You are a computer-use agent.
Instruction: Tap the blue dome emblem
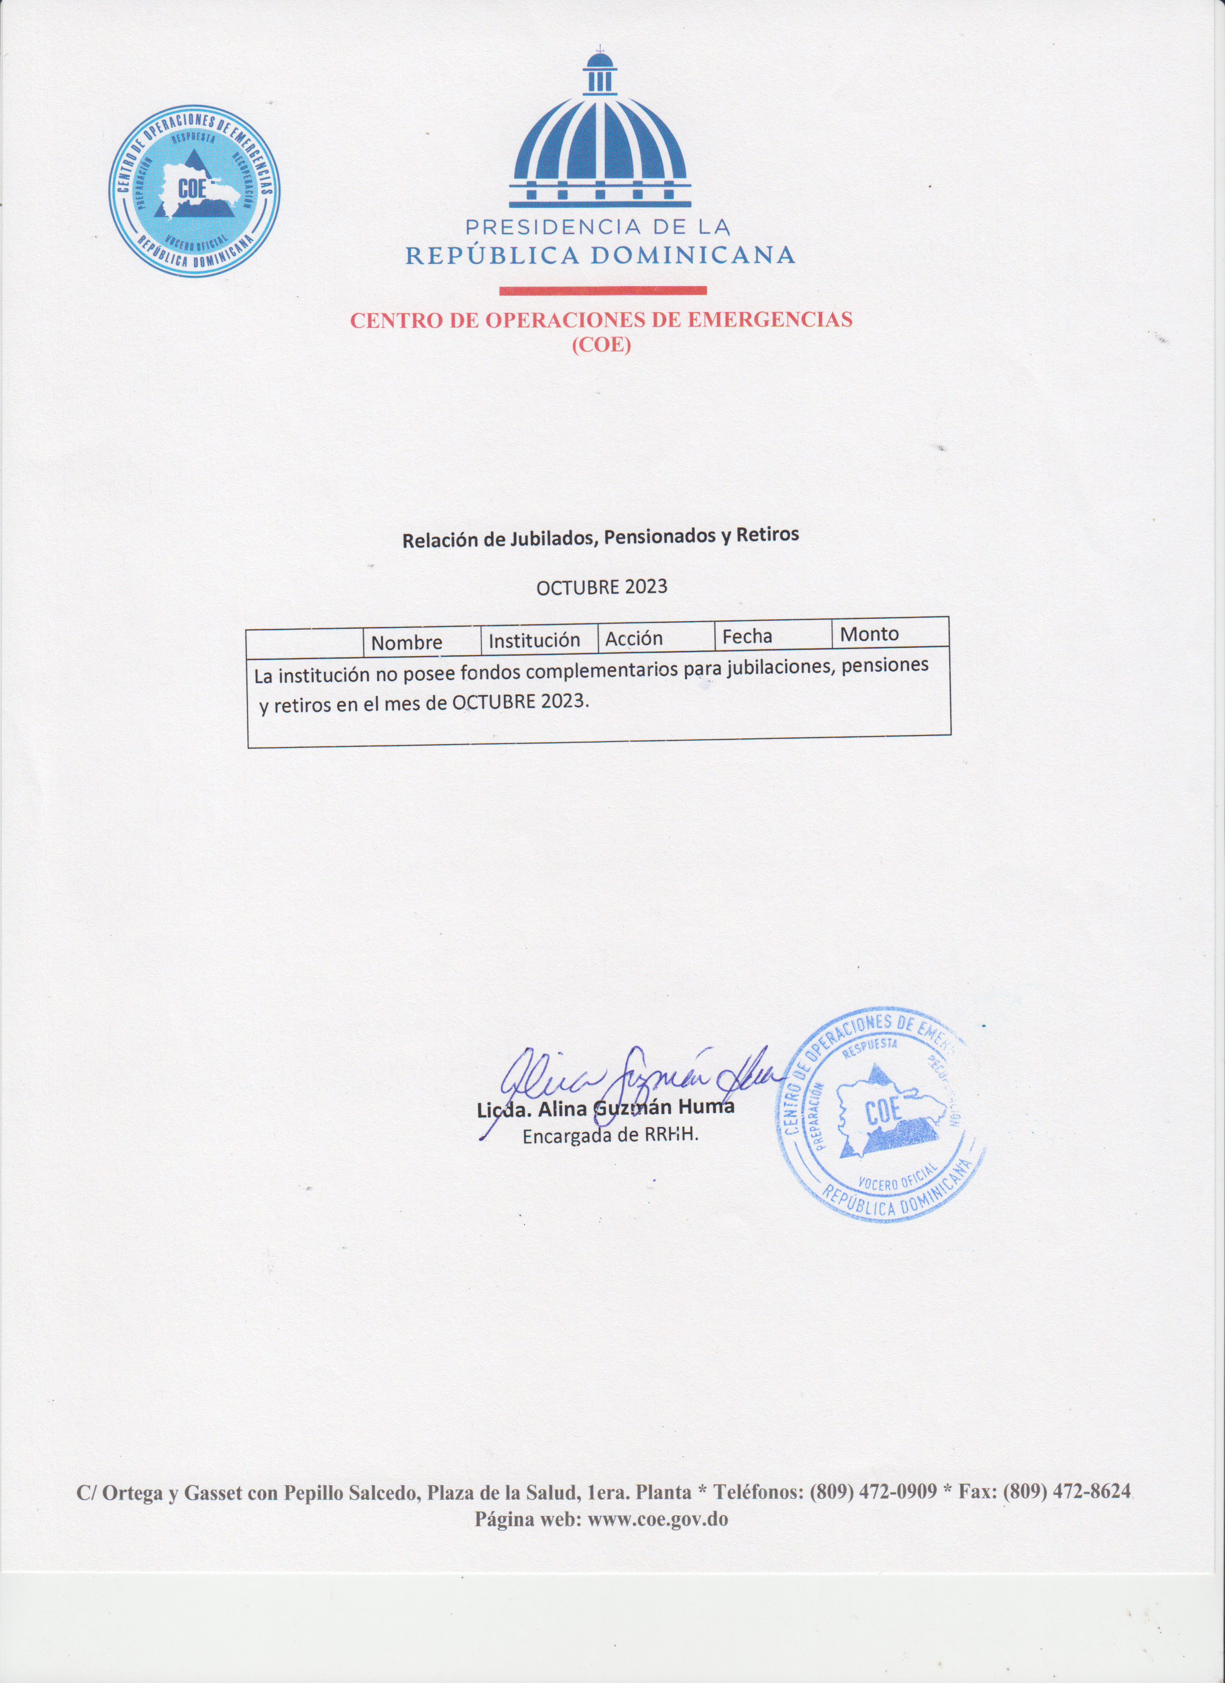pos(600,133)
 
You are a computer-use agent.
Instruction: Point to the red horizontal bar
pos(602,290)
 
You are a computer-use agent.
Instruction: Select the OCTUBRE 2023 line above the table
pos(601,587)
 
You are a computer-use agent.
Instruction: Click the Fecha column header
pos(747,636)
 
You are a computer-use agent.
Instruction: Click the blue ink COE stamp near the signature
pos(880,1115)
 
